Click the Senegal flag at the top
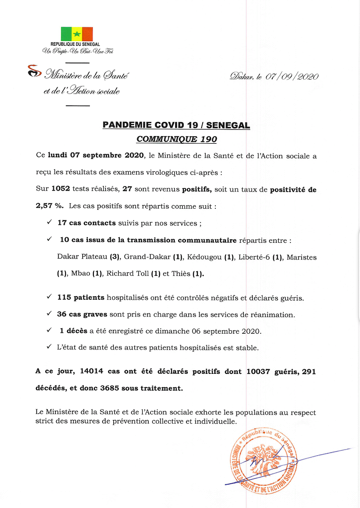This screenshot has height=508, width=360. pyautogui.click(x=77, y=34)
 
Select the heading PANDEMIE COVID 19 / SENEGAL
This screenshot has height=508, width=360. pyautogui.click(x=176, y=125)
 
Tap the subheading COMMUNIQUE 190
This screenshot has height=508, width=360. pyautogui.click(x=176, y=139)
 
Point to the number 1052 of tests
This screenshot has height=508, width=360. pyautogui.click(x=61, y=189)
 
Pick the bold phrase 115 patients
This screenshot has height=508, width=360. pyautogui.click(x=81, y=297)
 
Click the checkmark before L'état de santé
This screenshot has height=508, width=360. pyautogui.click(x=49, y=347)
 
